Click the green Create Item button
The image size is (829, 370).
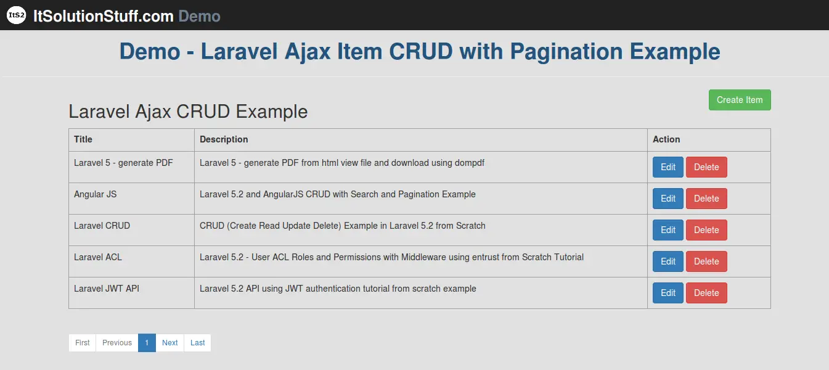[740, 100]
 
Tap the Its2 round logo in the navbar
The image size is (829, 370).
[16, 15]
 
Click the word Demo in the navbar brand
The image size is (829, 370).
[199, 16]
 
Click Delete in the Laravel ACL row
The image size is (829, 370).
[706, 261]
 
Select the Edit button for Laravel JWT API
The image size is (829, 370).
[668, 293]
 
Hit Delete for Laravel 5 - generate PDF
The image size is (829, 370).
[706, 167]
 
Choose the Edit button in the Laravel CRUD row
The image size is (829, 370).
[668, 230]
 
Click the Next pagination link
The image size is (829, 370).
[170, 343]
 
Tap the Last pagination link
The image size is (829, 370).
[198, 343]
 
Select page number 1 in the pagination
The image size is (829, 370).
[147, 343]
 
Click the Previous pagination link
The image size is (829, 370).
[117, 343]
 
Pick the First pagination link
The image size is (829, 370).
[82, 343]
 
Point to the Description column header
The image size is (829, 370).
[224, 139]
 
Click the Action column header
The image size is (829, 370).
[666, 139]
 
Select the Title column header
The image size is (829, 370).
[83, 139]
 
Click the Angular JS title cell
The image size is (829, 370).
[95, 194]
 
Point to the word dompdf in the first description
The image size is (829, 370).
[469, 163]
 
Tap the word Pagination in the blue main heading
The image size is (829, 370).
[566, 52]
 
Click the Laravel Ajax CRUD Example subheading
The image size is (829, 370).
[188, 112]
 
